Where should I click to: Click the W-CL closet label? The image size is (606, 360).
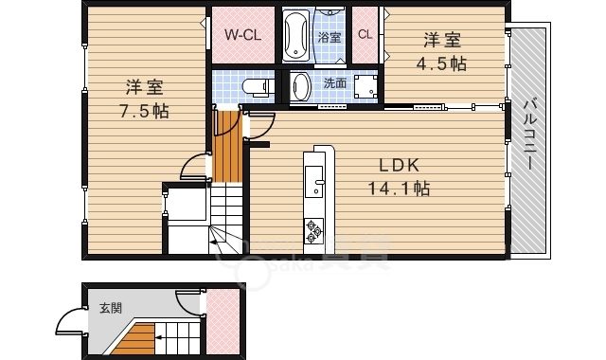[243, 35]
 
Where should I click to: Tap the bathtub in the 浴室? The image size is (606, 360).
[296, 35]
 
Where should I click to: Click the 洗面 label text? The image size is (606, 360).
[334, 82]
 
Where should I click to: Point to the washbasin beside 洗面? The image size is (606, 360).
[301, 86]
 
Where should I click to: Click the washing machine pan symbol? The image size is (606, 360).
[365, 86]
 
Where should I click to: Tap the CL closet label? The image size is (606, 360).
[365, 34]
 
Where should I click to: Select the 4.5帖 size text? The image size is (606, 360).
[441, 63]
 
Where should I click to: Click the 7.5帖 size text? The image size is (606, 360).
[144, 112]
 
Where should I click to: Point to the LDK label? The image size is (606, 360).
[399, 166]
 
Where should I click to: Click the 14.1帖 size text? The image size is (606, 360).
[399, 189]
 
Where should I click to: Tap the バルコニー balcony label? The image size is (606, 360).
[529, 135]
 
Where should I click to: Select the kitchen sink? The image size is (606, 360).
[313, 182]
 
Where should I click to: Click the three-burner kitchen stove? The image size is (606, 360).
[313, 231]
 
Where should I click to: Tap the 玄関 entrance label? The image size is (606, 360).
[111, 308]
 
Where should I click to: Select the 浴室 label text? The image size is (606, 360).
[330, 38]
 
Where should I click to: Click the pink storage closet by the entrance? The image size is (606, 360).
[223, 322]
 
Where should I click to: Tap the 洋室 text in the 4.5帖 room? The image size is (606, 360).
[442, 40]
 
